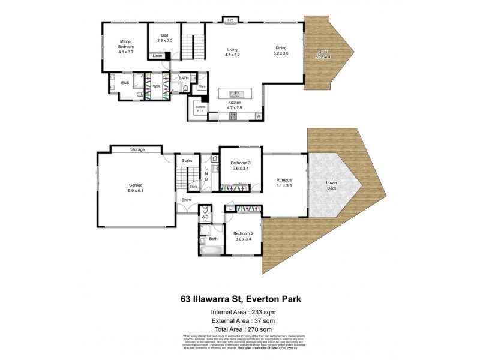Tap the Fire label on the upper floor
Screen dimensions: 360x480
pyautogui.click(x=230, y=20)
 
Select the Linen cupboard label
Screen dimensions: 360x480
pyautogui.click(x=157, y=56)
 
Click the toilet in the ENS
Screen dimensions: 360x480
pyautogui.click(x=139, y=95)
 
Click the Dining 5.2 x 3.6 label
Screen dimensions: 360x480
pyautogui.click(x=281, y=52)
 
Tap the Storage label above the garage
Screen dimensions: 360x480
pyautogui.click(x=137, y=149)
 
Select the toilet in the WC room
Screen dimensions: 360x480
pyautogui.click(x=205, y=209)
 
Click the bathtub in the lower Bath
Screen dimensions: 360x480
pyautogui.click(x=211, y=251)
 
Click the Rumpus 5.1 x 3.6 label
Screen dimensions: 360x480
pyautogui.click(x=284, y=182)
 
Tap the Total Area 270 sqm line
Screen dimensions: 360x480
pyautogui.click(x=239, y=329)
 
